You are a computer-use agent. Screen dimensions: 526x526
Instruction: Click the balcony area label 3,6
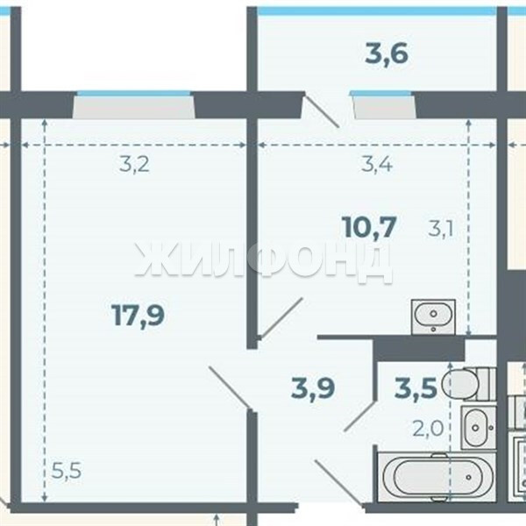coord(387,54)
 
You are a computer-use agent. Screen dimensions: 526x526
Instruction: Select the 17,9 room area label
coord(139,315)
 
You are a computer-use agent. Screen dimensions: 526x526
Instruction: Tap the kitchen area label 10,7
coord(369,227)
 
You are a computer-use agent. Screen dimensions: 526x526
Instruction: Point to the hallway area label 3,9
coord(313,387)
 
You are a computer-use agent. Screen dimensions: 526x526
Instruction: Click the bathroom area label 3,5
coord(416,387)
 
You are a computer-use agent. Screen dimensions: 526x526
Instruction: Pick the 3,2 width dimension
coord(134,165)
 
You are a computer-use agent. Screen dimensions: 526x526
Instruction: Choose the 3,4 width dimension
coord(377,165)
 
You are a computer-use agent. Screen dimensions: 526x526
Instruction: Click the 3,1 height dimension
coord(441,230)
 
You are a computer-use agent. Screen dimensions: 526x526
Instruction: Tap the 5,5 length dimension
coord(67,471)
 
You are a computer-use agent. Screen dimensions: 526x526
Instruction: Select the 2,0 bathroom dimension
coord(428,429)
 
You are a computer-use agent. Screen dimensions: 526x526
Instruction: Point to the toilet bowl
coord(469,384)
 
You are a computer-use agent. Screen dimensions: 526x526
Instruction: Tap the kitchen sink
coord(433,317)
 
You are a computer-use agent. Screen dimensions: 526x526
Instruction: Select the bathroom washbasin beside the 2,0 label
coord(479,428)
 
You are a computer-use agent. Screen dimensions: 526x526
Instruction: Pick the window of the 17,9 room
coord(134,104)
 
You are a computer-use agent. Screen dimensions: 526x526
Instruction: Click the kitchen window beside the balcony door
coord(382,104)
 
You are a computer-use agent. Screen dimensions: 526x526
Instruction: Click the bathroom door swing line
coord(359,416)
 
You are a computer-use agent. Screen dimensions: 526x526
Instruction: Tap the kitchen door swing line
coord(281,317)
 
